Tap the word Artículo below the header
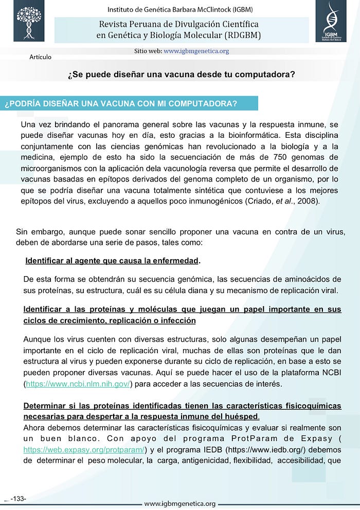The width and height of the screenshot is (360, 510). [x=40, y=57]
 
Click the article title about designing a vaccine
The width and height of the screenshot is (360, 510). [x=181, y=74]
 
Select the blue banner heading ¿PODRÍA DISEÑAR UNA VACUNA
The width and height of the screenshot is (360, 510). [x=121, y=103]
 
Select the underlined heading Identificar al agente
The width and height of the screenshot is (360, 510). [x=112, y=261]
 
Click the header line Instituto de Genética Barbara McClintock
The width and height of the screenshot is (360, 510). [x=180, y=9]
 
